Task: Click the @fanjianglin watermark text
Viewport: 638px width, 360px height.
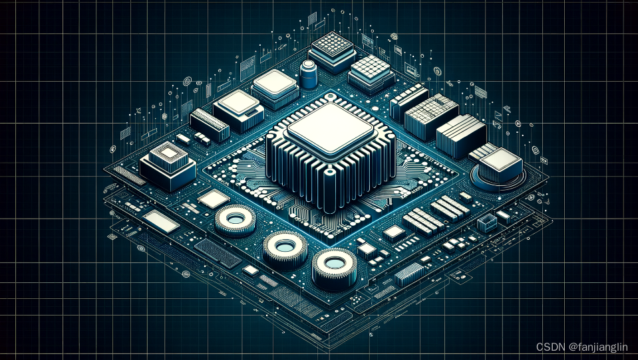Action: pyautogui.click(x=598, y=347)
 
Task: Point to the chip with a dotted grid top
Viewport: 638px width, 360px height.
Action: pyautogui.click(x=333, y=50)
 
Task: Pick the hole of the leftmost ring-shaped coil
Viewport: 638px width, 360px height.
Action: pyautogui.click(x=236, y=220)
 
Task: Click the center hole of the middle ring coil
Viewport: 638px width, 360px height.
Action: pyautogui.click(x=285, y=246)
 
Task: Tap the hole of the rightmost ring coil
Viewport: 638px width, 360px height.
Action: pyautogui.click(x=335, y=264)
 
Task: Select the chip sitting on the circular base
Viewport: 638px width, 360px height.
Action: pyautogui.click(x=500, y=165)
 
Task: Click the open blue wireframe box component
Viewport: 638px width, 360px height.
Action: pyautogui.click(x=486, y=223)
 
